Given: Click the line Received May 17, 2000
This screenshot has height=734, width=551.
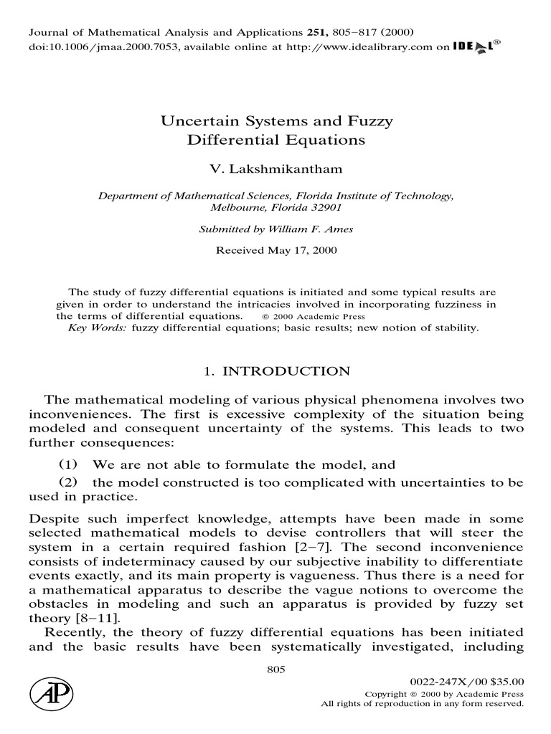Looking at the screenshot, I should [x=275, y=251].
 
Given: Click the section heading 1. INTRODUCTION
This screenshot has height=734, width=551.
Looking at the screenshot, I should [x=275, y=371].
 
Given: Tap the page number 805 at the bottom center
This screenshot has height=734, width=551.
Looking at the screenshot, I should [x=275, y=669].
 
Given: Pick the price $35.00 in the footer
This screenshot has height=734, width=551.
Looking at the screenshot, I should [x=506, y=682].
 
